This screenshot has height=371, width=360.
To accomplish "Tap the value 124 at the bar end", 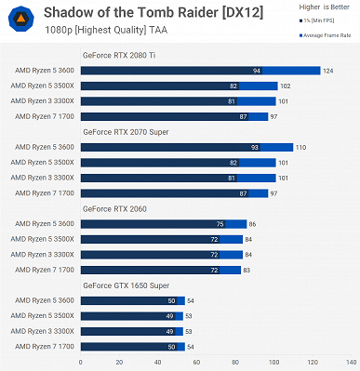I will [x=328, y=71].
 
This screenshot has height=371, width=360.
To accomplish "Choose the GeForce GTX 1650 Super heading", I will [x=125, y=285].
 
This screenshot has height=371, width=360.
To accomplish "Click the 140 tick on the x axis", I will [x=350, y=361].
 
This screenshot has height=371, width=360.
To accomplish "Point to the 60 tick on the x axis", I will [x=195, y=361].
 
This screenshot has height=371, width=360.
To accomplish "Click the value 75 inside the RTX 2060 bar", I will [x=220, y=224].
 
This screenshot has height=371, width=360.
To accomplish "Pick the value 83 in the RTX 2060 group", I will [x=249, y=269].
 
